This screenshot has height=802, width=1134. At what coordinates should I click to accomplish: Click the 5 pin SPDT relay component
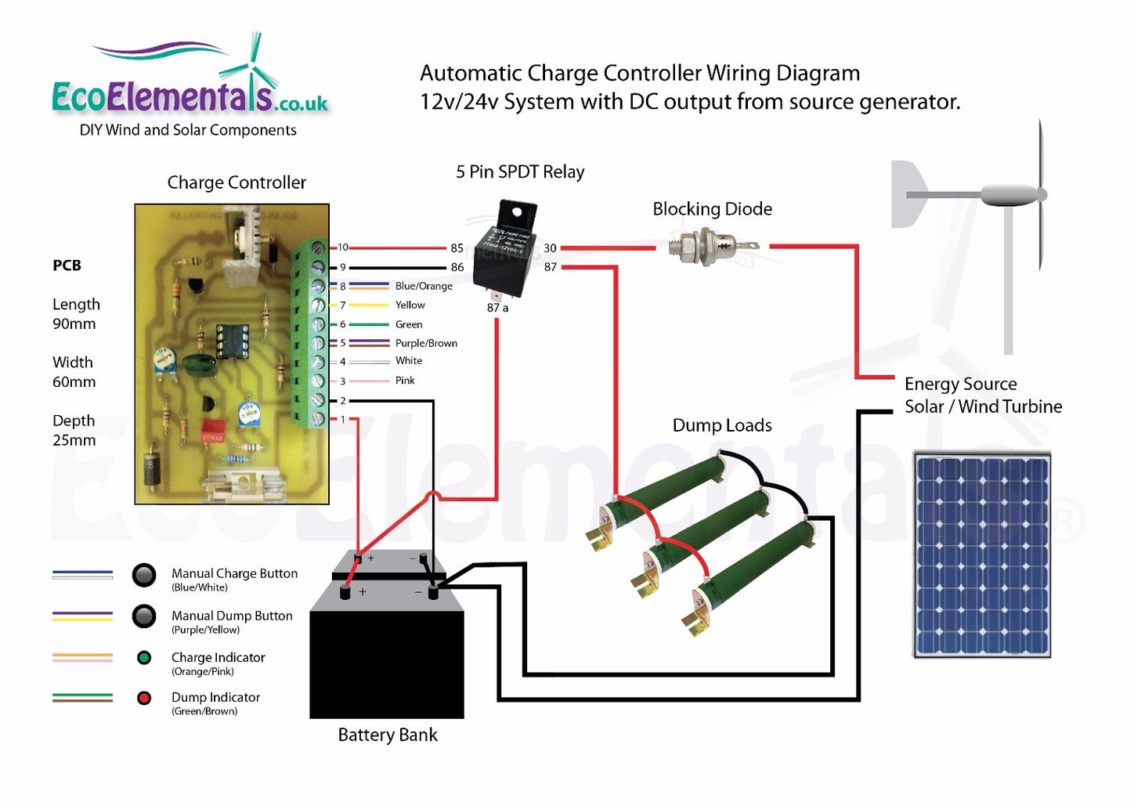pos(505,249)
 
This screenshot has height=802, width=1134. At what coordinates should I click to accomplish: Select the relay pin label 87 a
pos(497,308)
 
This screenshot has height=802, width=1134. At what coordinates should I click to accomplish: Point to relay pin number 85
pos(457,248)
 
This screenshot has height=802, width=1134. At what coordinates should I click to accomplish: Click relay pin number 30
pos(550,248)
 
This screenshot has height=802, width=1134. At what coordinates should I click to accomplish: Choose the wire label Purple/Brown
pos(426,343)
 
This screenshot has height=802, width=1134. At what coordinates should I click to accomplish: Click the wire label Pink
pos(405,381)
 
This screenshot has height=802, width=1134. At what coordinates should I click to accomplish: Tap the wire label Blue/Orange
pos(424,286)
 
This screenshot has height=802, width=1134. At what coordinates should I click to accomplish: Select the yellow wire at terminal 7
pos(368,305)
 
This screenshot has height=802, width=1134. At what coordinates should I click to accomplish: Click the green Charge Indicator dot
pos(144,658)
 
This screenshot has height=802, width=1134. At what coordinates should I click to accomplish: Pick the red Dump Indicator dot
pos(144,698)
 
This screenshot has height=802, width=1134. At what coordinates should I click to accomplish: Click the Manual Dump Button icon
pos(144,616)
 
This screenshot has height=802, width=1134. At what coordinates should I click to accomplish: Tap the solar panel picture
pos(982,555)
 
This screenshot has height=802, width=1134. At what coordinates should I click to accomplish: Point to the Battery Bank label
pos(388,735)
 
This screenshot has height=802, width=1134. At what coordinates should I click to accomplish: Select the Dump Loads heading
pos(722,425)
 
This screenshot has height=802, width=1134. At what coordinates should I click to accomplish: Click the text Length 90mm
pos(75,314)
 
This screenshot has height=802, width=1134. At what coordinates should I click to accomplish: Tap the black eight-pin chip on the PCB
pos(233,341)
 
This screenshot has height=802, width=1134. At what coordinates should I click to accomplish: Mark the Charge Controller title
pos(237,182)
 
